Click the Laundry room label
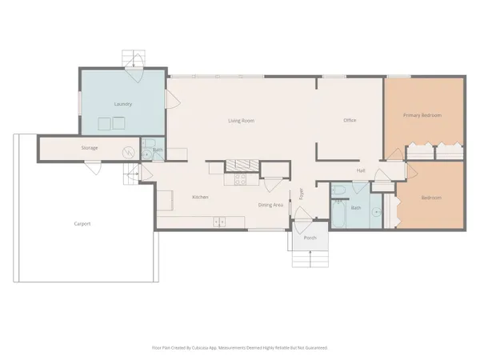[x=122, y=104]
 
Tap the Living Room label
[x=241, y=121]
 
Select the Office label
[x=350, y=121]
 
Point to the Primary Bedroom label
[x=422, y=115]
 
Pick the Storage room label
[x=90, y=149]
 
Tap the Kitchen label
[x=200, y=197]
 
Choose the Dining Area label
[x=270, y=206]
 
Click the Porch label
[x=310, y=238]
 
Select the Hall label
[x=362, y=170]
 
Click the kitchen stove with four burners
[x=237, y=179]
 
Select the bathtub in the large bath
[x=338, y=214]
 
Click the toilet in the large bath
[x=339, y=191]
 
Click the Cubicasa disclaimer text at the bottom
[x=240, y=348]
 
